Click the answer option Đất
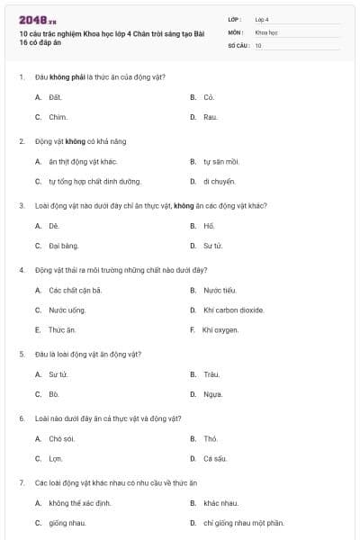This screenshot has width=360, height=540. coord(55,96)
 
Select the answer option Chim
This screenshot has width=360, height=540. coord(58,117)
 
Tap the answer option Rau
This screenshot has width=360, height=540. coord(210,117)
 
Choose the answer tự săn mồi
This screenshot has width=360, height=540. coord(220,162)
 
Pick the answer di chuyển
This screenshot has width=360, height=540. coord(219,181)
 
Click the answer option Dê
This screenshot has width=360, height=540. coord(54,226)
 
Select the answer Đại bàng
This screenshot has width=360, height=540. coord(64,245)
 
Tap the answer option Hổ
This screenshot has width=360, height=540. coord(209,226)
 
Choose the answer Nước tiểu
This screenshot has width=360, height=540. coord(219,290)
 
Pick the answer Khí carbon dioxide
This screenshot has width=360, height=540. coord(233,310)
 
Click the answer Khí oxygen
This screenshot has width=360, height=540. coord(220,329)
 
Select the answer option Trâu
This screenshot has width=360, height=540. coord(211,373)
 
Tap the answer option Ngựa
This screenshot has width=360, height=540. coord(212,393)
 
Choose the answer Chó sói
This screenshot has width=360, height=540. coord(61,438)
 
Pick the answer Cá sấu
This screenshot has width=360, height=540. coord(214,458)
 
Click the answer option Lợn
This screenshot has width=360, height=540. coord(56,458)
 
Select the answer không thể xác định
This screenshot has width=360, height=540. coord(79,503)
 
